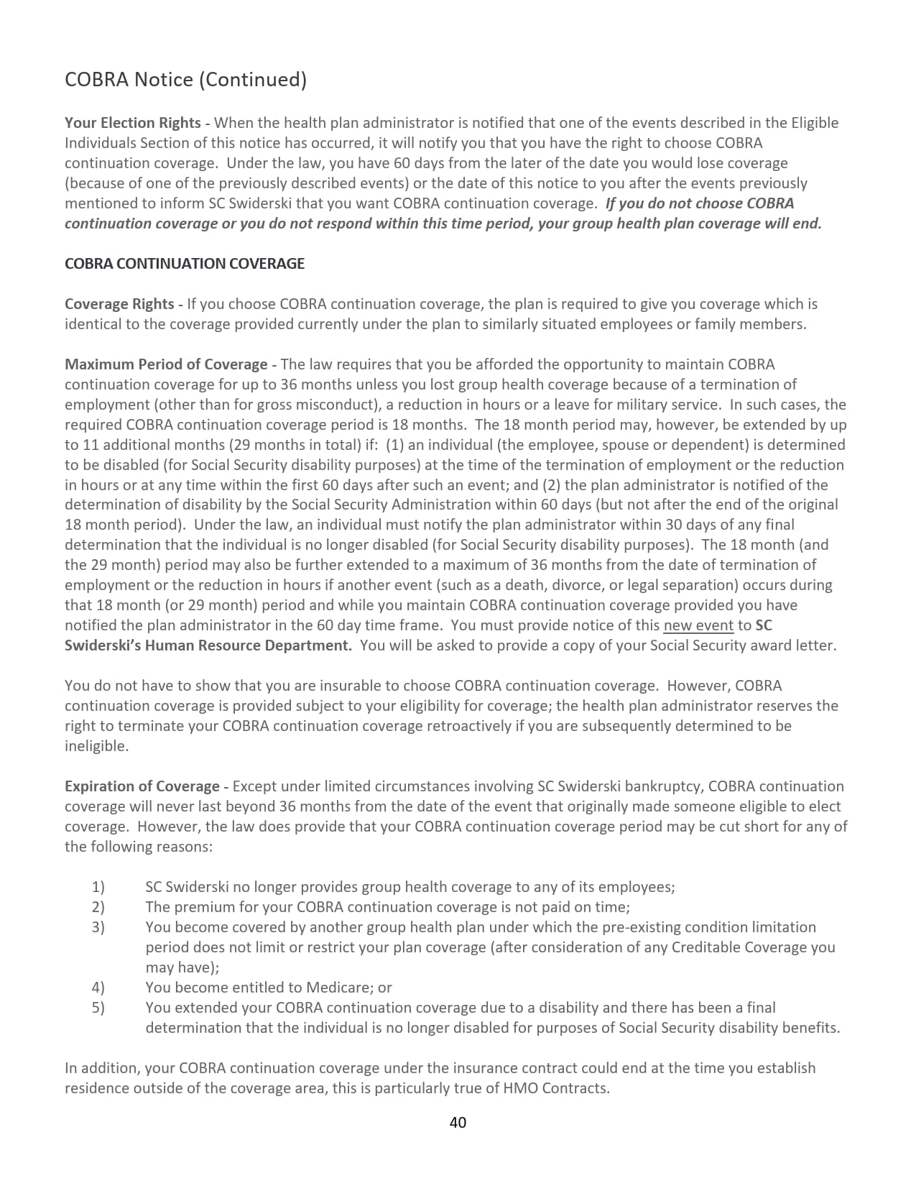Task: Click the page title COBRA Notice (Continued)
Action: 185,79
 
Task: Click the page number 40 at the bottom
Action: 458,1122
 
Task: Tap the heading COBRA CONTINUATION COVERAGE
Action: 185,264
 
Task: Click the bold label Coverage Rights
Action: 119,304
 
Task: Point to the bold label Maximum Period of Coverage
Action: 166,364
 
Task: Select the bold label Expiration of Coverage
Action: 142,786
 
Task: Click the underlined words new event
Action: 698,625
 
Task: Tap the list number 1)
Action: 98,887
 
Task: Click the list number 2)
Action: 98,907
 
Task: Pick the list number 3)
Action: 98,927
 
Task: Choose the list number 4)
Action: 98,988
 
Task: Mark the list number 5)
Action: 98,1008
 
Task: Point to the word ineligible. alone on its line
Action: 97,746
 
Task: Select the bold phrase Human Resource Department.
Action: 249,645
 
